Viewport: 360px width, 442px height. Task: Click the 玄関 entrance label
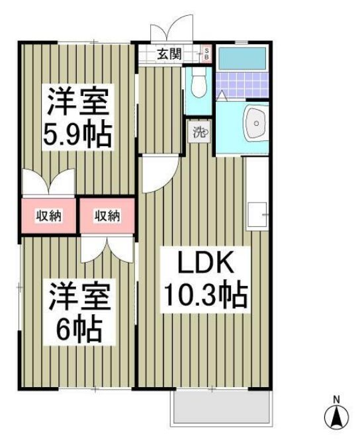(x=169, y=54)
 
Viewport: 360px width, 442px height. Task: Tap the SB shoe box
(x=206, y=54)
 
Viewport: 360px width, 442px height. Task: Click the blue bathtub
(x=242, y=59)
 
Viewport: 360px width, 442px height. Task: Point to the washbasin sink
(x=255, y=123)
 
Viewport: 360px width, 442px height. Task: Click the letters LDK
(x=204, y=263)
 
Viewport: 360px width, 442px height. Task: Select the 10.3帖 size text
(x=204, y=293)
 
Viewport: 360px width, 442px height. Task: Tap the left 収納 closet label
(x=48, y=215)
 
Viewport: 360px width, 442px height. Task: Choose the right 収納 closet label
(x=107, y=215)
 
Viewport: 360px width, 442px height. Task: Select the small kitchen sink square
(x=256, y=215)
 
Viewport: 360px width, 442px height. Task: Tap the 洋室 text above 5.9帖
(x=77, y=101)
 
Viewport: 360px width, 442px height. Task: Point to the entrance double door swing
(x=170, y=32)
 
